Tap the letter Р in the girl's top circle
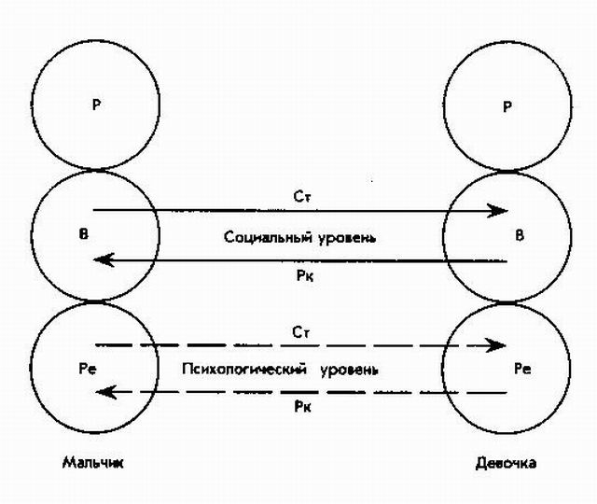tap(507, 105)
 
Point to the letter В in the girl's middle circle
tap(520, 236)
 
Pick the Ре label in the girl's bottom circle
tap(522, 369)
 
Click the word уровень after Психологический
tap(347, 369)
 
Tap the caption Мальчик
tap(93, 462)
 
